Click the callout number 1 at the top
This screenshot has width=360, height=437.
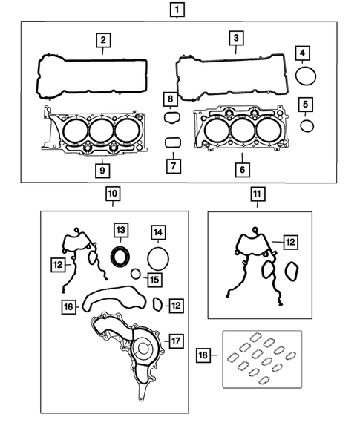coord(177,10)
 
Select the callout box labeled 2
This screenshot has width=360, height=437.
coord(105,40)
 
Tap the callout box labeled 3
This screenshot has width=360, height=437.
coord(235,39)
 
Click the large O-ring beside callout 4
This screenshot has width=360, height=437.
coord(305,76)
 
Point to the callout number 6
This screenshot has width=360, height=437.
coord(242,168)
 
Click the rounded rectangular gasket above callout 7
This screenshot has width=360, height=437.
coord(171,142)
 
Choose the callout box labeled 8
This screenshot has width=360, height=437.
coord(170,99)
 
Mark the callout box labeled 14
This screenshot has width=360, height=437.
coord(158,233)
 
